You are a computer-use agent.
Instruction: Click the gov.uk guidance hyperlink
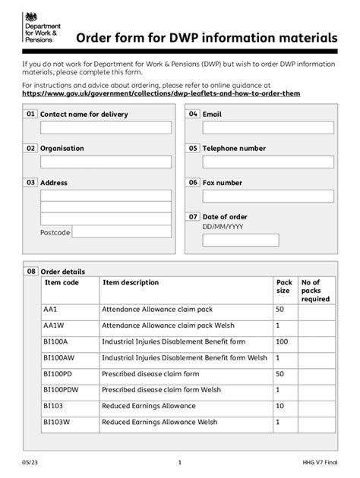161,93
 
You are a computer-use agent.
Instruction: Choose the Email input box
267,127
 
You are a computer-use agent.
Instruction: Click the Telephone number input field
267,162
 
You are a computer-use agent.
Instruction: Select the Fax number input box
267,197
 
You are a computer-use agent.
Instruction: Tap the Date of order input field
240,241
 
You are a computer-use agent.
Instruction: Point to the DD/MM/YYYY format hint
223,227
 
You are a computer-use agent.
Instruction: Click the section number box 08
31,271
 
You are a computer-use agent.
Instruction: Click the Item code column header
62,283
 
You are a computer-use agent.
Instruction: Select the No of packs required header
315,291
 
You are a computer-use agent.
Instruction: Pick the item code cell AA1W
55,325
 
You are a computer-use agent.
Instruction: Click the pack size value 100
283,342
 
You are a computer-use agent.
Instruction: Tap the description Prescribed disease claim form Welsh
162,390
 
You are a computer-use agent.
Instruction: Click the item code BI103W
57,423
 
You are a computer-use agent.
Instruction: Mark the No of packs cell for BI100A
317,342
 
